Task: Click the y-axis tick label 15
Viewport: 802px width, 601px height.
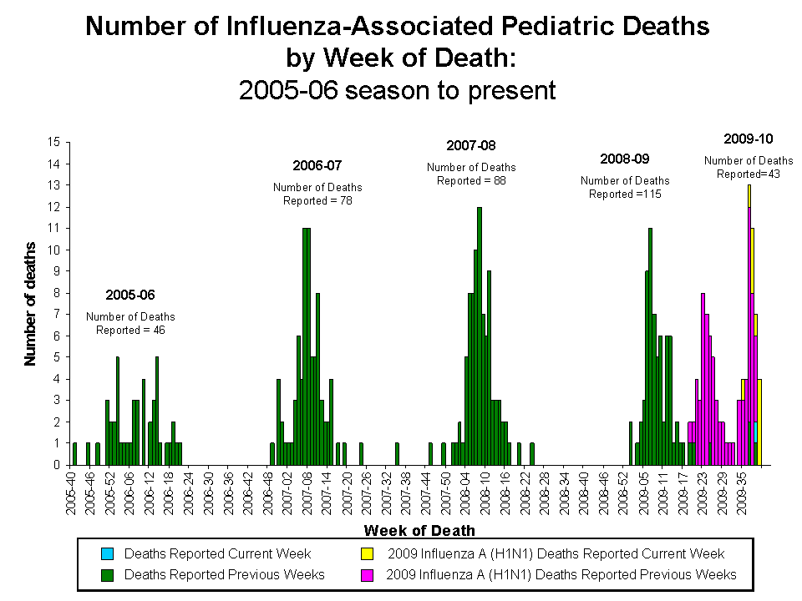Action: tap(54, 142)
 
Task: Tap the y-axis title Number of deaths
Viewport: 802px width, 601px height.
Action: tap(31, 304)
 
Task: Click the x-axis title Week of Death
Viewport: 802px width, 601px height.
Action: tap(419, 531)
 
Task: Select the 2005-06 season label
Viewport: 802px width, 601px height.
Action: tap(130, 295)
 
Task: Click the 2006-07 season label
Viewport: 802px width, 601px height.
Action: tap(317, 165)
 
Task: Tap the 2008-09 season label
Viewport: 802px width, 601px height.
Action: tap(625, 159)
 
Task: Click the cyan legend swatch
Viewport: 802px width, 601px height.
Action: tap(109, 554)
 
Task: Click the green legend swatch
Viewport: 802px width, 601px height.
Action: tap(109, 574)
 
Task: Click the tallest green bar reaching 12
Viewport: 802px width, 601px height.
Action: tap(480, 334)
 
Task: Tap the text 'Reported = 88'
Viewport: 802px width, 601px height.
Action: tap(471, 180)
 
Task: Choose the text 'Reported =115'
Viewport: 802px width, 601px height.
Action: tap(625, 194)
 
